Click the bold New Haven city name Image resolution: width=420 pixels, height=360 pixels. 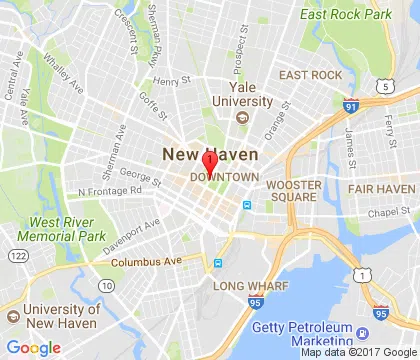point(210,154)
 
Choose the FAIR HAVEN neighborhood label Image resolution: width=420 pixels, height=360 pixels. point(381,188)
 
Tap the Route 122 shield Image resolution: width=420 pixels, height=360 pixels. point(17,257)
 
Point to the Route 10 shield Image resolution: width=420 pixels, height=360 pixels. point(106,286)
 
